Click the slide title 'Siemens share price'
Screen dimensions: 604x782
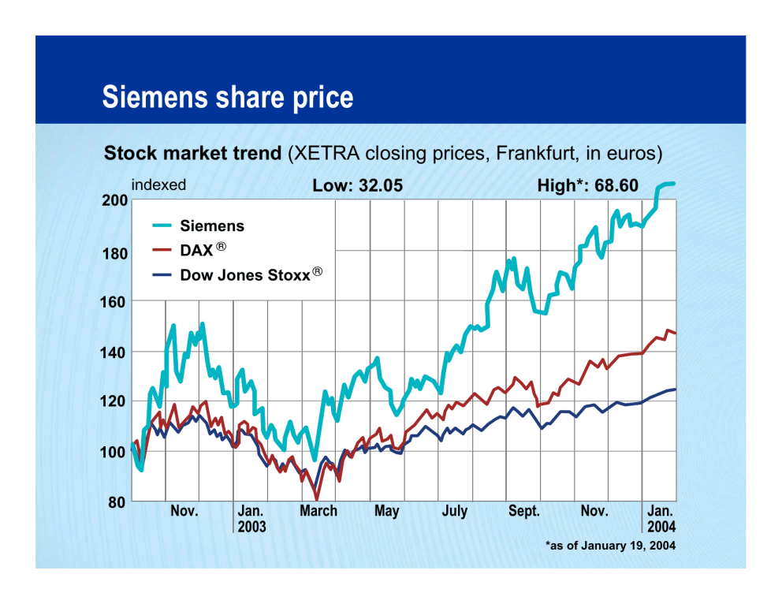(228, 98)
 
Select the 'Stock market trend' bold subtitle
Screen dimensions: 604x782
(192, 152)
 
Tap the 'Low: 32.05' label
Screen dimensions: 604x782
(358, 186)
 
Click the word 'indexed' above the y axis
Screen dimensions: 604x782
(158, 185)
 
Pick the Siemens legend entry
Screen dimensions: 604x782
(212, 226)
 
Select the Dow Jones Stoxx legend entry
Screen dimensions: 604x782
(244, 275)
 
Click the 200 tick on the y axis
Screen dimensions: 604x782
(115, 200)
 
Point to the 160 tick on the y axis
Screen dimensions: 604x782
(115, 301)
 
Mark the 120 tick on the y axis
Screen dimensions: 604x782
(115, 401)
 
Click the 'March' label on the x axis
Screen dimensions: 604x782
(318, 511)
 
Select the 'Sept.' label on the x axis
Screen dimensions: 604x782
(524, 511)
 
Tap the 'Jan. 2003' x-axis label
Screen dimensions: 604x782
(251, 518)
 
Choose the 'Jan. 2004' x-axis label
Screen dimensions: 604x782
(661, 518)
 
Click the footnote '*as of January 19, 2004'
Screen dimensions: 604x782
(610, 545)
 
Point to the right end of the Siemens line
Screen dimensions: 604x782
(674, 184)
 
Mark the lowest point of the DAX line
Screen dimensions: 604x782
(317, 498)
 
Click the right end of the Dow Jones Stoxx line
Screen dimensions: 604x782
(675, 389)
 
